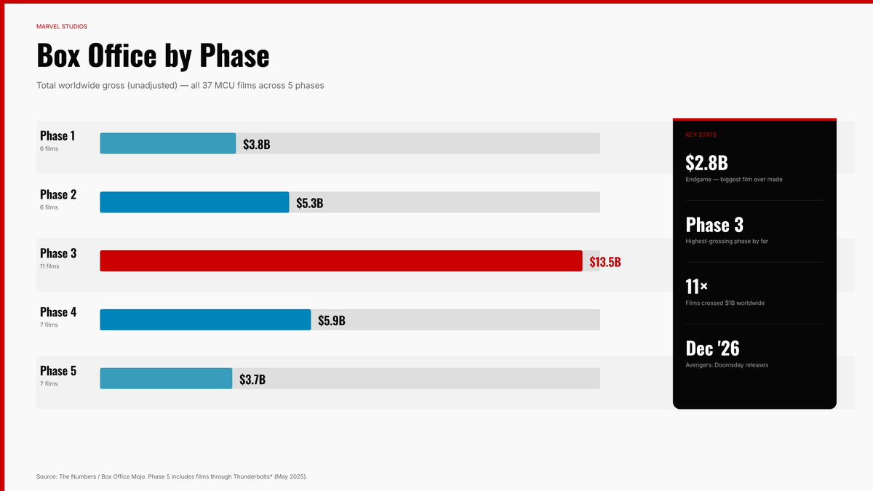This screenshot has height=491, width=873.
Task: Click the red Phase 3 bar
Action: pyautogui.click(x=340, y=260)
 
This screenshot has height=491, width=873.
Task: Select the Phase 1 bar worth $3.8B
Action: pyautogui.click(x=167, y=143)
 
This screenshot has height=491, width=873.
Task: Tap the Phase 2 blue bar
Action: pyautogui.click(x=194, y=202)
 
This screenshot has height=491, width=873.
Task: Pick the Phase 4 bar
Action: pyautogui.click(x=205, y=320)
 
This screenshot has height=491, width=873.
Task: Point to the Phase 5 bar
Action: pyautogui.click(x=166, y=378)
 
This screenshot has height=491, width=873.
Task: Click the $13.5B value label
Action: pyautogui.click(x=605, y=262)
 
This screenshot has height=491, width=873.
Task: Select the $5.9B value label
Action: pyautogui.click(x=331, y=321)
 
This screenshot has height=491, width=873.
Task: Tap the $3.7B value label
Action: pyautogui.click(x=252, y=379)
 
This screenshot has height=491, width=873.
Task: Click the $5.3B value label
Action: pyautogui.click(x=309, y=203)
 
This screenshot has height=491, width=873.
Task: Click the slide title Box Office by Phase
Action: pyautogui.click(x=153, y=55)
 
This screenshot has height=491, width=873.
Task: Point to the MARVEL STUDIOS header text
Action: pyautogui.click(x=62, y=26)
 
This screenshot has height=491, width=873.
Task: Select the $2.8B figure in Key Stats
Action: pyautogui.click(x=706, y=163)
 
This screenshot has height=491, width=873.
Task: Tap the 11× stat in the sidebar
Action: pyautogui.click(x=696, y=287)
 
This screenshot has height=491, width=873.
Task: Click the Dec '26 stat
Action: pyautogui.click(x=712, y=348)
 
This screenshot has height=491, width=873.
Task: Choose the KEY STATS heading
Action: pyautogui.click(x=701, y=135)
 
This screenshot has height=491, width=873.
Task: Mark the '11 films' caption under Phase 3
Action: pyautogui.click(x=49, y=266)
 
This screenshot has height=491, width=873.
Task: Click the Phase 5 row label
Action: pyautogui.click(x=58, y=371)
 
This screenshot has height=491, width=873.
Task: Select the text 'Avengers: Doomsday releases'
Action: pyautogui.click(x=726, y=365)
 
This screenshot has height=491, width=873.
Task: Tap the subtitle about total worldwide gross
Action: pyautogui.click(x=180, y=85)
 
